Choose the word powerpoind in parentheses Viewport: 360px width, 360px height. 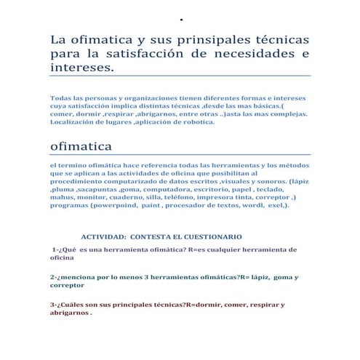pos(121,206)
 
